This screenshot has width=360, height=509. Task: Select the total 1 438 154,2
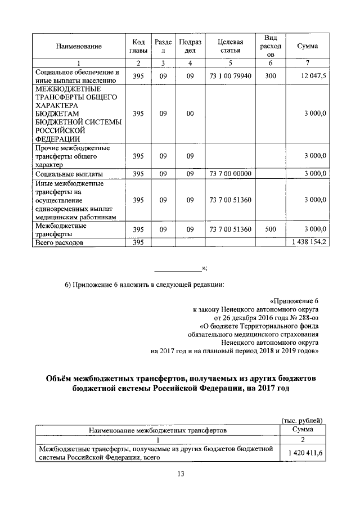(x=307, y=243)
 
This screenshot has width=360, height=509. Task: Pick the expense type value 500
(x=270, y=229)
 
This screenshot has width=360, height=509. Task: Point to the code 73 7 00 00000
(x=231, y=174)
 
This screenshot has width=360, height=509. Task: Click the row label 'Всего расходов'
(x=59, y=243)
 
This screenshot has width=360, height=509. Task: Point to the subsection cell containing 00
(x=190, y=114)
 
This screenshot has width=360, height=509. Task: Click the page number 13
(x=180, y=474)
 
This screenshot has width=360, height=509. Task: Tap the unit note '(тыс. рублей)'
(x=302, y=420)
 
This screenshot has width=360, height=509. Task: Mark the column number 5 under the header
(x=231, y=62)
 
